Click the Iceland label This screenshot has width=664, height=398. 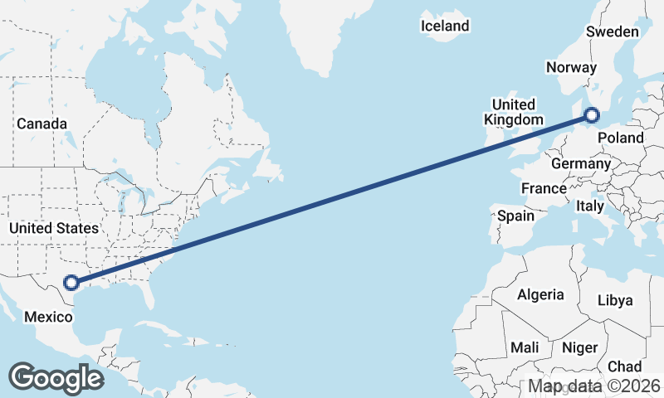pyautogui.click(x=445, y=26)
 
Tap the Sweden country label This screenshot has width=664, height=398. pyautogui.click(x=613, y=32)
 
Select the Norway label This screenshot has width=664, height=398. pyautogui.click(x=571, y=68)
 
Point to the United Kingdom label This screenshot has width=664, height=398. pyautogui.click(x=514, y=112)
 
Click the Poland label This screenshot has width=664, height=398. pyautogui.click(x=621, y=137)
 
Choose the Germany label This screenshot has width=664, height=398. pyautogui.click(x=580, y=164)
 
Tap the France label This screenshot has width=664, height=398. pyautogui.click(x=544, y=188)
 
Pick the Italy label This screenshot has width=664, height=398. pyautogui.click(x=590, y=206)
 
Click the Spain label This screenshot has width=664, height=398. pyautogui.click(x=515, y=216)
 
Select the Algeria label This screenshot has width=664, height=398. pyautogui.click(x=540, y=294)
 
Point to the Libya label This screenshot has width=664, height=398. pyautogui.click(x=615, y=300)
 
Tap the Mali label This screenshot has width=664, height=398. pyautogui.click(x=525, y=347)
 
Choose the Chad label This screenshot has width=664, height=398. pyautogui.click(x=624, y=366)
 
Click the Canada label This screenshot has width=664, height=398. pyautogui.click(x=41, y=124)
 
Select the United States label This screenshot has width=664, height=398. pyautogui.click(x=54, y=227)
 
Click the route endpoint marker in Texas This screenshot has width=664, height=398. pyautogui.click(x=72, y=282)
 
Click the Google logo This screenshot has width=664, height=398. pyautogui.click(x=56, y=377)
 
